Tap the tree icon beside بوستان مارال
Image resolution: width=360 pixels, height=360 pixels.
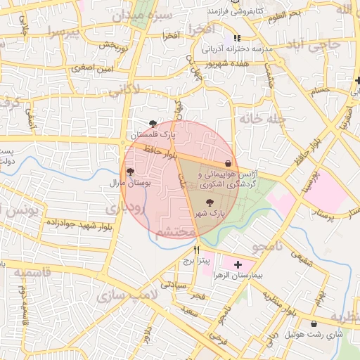(130, 172)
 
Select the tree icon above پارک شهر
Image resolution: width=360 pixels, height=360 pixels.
(210, 202)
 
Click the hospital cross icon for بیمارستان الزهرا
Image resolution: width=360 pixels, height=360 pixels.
(238, 264)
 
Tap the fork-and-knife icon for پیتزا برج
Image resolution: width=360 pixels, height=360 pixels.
(197, 250)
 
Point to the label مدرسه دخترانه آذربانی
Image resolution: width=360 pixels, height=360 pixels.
(237, 50)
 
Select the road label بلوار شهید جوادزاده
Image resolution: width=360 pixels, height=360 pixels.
(79, 224)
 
